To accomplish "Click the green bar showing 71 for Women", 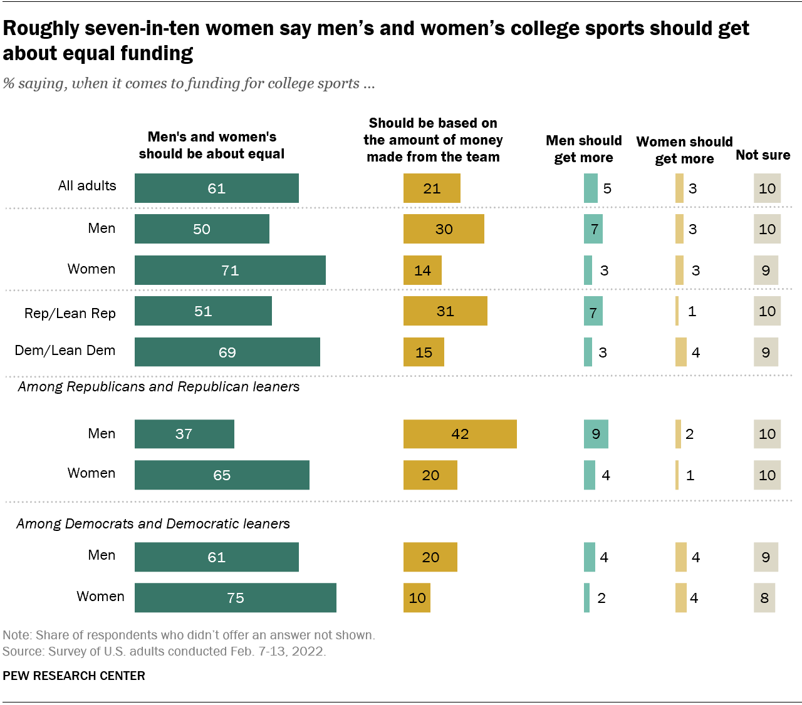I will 230,270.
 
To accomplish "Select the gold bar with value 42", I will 460,434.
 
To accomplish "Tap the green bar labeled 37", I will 184,434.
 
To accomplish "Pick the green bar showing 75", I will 235,598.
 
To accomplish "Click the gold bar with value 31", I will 445,311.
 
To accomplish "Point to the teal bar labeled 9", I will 595,434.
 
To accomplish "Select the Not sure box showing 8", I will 764,598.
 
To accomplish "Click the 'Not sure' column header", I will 763,155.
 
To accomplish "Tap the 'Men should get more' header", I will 583,149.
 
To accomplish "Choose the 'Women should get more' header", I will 684,150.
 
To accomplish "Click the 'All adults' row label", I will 87,186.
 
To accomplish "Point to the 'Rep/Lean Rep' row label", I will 70,313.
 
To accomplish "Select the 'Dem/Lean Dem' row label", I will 65,351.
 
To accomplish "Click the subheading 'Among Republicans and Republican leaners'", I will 159,387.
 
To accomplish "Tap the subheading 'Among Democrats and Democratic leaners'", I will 154,523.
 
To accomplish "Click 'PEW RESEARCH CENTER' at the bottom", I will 74,676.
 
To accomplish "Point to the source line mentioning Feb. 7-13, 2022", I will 164,651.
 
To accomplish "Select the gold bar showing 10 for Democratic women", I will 417,598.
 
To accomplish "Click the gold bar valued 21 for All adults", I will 432,188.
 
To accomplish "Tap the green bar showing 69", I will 227,352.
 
